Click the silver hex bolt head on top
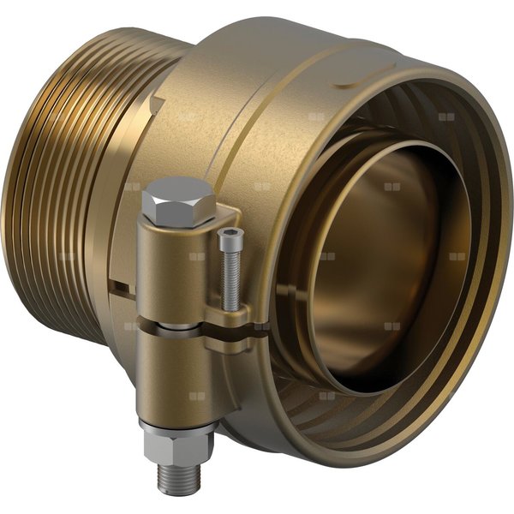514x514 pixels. point(176,200)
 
